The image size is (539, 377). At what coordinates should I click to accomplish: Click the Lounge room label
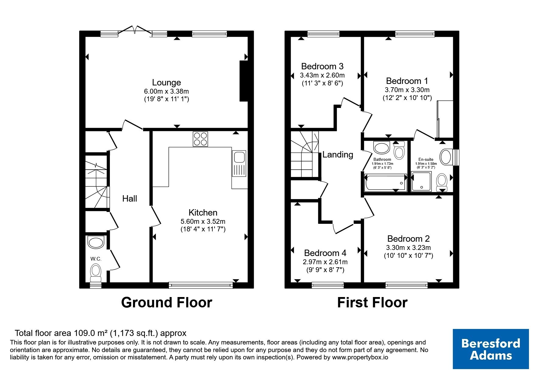(166, 82)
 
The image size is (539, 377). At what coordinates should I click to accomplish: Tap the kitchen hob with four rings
(200, 139)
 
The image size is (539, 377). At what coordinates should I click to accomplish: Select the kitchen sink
(239, 164)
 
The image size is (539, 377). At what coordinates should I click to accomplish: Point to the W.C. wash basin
(96, 242)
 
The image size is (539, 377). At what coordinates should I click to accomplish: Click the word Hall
(130, 199)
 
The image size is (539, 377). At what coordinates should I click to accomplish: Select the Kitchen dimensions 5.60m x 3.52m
(203, 221)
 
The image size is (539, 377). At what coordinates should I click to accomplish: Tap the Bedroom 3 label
(322, 66)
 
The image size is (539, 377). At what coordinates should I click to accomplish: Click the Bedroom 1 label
(407, 81)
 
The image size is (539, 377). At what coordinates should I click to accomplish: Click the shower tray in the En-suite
(421, 182)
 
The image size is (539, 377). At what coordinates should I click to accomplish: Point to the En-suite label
(426, 159)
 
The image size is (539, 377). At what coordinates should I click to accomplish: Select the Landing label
(338, 154)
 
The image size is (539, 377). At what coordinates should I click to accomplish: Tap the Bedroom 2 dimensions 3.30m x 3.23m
(408, 247)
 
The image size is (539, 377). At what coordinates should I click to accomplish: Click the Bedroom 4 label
(325, 253)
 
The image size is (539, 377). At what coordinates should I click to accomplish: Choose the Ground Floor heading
(166, 303)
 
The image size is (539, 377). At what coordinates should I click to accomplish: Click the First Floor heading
(372, 303)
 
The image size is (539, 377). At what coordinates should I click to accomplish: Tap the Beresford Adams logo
(491, 349)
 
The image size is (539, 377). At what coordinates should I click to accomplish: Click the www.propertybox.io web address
(360, 358)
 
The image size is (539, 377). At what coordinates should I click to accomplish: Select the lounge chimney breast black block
(244, 81)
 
